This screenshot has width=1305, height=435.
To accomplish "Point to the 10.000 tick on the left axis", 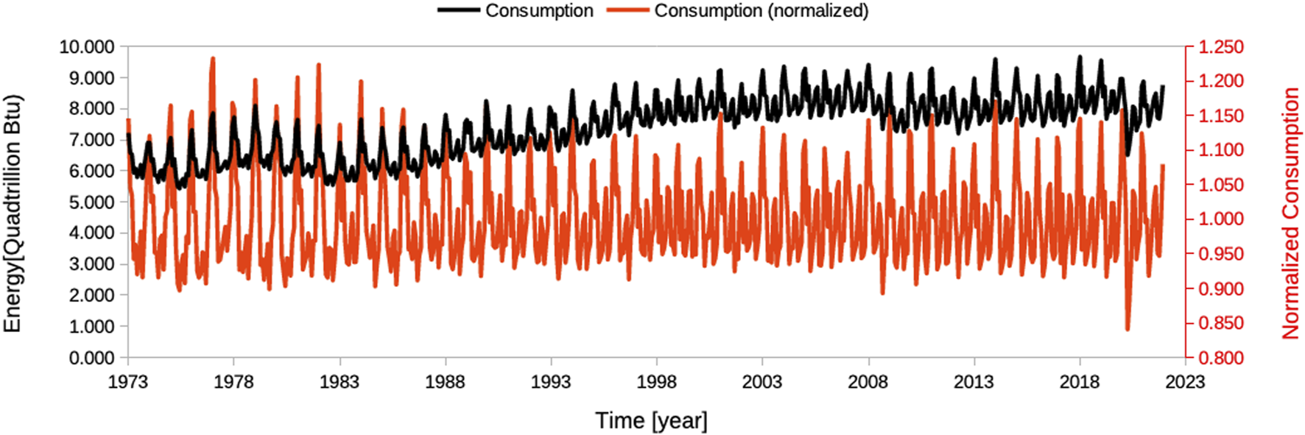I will tap(87, 47).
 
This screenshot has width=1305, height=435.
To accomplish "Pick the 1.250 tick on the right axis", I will tap(1220, 47).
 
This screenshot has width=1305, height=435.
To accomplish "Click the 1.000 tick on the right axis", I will tap(1220, 219).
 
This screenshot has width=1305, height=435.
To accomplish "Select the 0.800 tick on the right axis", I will tap(1220, 358).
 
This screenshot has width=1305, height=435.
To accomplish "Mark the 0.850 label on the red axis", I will tap(1220, 323).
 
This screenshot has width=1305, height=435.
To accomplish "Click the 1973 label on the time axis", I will tap(127, 382).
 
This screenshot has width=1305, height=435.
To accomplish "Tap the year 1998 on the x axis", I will tap(656, 382).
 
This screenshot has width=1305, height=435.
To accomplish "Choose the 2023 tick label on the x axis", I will tap(1185, 382).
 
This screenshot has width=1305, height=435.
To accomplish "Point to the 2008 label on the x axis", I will tap(868, 382).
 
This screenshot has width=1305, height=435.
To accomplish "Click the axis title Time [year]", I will tap(651, 420).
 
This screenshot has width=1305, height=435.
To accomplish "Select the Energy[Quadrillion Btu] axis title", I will tap(13, 213).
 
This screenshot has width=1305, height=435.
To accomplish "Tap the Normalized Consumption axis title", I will tap(1290, 213).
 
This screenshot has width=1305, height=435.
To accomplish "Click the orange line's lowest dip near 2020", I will tap(1127, 328).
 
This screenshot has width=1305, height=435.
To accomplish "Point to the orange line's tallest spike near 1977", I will tap(213, 58).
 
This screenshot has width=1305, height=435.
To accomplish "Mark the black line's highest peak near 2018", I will tap(1080, 57).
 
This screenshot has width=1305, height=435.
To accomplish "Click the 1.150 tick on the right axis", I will tap(1220, 116).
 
